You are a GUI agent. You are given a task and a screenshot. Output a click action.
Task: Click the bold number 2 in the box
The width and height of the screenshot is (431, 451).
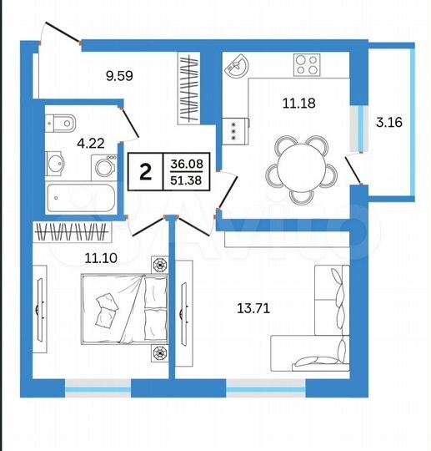pos(146,173)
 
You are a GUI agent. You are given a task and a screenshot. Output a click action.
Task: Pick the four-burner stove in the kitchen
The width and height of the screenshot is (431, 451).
pos(308,63)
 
